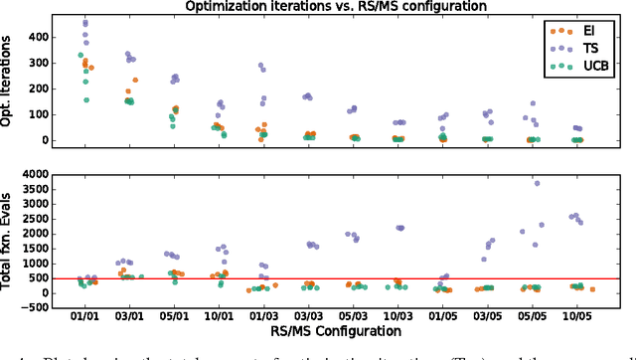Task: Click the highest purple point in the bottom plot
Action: click(x=538, y=183)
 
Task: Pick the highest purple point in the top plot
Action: click(x=85, y=22)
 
